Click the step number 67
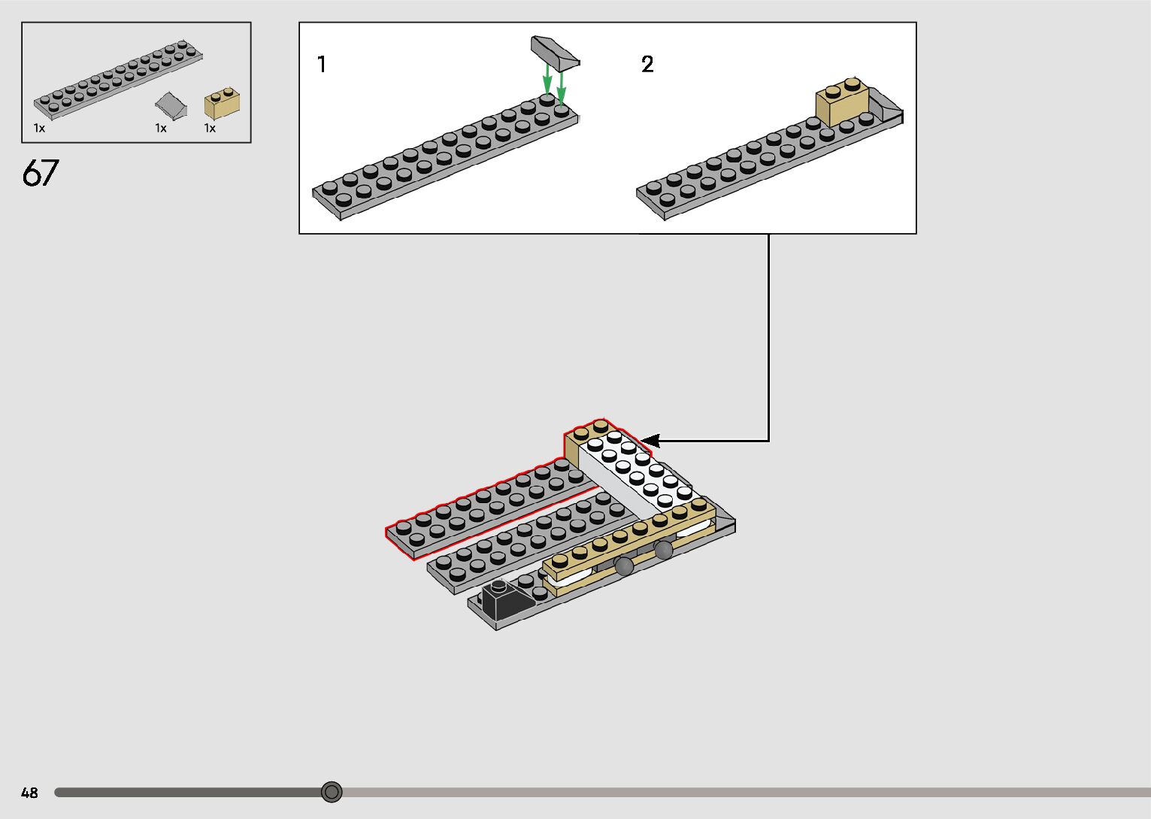[40, 174]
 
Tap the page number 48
[29, 793]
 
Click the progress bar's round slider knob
[332, 792]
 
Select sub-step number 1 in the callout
[322, 65]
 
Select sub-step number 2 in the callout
[647, 65]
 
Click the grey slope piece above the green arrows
[555, 53]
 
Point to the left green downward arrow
[548, 80]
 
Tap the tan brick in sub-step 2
[842, 104]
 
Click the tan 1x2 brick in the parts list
[222, 104]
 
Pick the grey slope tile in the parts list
[173, 105]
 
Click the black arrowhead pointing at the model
[649, 441]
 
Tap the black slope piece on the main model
[498, 599]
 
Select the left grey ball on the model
[624, 567]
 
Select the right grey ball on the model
[663, 551]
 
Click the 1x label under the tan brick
[210, 129]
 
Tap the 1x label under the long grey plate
[39, 129]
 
